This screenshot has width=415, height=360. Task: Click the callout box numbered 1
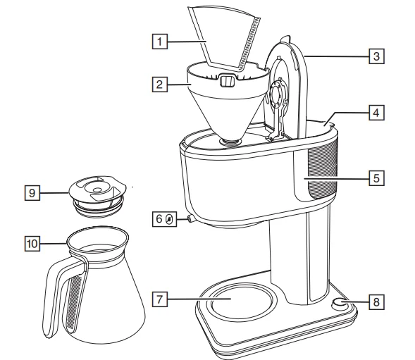(162, 42)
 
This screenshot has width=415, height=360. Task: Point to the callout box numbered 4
(378, 112)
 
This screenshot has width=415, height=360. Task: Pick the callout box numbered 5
(378, 177)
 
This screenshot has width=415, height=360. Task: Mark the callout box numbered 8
(378, 302)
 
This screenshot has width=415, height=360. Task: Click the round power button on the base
(340, 303)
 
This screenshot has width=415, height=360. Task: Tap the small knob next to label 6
(190, 220)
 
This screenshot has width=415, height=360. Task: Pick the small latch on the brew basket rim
(227, 81)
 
